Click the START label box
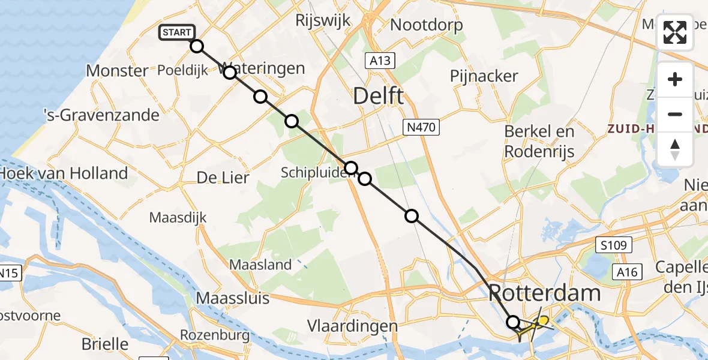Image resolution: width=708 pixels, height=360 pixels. pos(177,32)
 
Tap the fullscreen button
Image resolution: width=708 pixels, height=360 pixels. pos(675,32)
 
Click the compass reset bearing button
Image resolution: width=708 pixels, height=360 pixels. pos(675,149)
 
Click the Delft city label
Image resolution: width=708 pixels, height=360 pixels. pos(378,95)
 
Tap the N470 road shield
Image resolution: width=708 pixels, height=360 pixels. pos(421,127)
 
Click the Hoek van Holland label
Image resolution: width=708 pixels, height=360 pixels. pos(64,173)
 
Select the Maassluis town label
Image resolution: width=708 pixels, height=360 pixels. pos(233,298)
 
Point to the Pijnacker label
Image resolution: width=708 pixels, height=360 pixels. pos(484,76)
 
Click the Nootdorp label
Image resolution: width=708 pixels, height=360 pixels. pos(427,25)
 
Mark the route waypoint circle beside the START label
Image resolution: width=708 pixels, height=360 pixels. pos(197,46)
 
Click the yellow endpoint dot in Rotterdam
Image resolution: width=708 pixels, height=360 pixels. pos(542,320)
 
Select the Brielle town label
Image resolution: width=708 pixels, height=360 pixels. pos(105,344)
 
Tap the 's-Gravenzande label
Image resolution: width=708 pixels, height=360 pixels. pos(102,115)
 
